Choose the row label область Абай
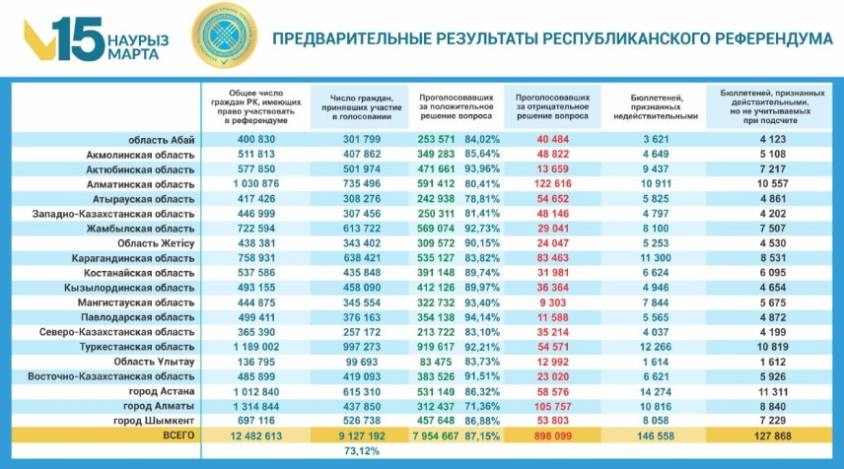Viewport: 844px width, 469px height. click(x=169, y=140)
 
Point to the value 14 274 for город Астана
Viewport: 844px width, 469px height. click(x=655, y=391)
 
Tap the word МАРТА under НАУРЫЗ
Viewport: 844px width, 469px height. click(x=135, y=55)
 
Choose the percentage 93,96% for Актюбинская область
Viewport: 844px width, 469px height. click(x=484, y=168)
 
